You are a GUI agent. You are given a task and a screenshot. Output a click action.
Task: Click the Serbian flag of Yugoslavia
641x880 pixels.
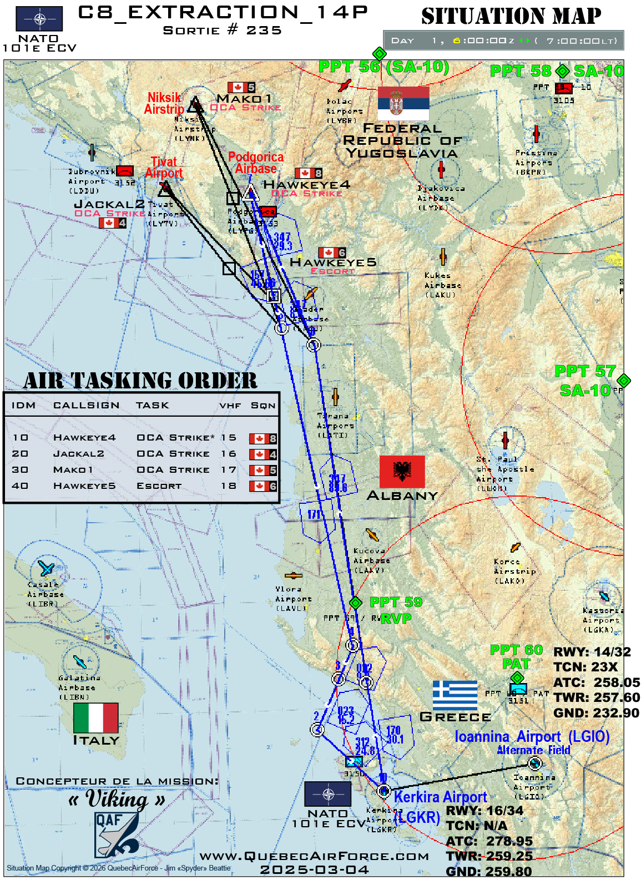(x=403, y=103)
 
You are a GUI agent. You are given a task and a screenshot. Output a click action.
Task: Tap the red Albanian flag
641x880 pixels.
(x=402, y=472)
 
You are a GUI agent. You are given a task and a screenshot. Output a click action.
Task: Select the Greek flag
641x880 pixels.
(x=455, y=695)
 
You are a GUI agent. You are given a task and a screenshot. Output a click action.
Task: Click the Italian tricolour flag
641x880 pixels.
(x=96, y=717)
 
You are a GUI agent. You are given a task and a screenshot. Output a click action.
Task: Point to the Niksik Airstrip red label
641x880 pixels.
(x=164, y=103)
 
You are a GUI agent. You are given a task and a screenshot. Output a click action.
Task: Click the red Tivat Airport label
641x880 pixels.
(x=164, y=167)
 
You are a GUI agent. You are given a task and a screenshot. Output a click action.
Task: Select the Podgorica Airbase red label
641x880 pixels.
(x=256, y=163)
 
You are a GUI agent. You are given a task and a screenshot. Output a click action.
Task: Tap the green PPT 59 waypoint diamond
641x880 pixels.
(x=356, y=603)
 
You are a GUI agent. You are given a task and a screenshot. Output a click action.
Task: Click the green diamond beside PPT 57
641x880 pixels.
(x=624, y=380)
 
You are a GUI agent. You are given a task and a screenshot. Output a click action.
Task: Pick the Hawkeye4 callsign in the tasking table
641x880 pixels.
(x=84, y=438)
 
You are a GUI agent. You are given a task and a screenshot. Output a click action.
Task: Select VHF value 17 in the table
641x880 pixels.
(x=228, y=470)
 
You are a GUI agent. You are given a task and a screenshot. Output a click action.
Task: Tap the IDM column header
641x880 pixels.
(x=23, y=406)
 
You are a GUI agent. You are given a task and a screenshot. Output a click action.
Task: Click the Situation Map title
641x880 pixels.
(x=511, y=16)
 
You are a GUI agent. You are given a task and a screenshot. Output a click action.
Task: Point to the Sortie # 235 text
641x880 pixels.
(x=223, y=31)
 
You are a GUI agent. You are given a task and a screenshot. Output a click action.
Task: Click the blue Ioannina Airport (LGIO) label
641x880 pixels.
(x=532, y=736)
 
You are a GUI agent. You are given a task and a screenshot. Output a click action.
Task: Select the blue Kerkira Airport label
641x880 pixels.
(x=440, y=797)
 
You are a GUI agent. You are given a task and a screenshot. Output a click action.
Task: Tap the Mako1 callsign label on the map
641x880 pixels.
(x=244, y=98)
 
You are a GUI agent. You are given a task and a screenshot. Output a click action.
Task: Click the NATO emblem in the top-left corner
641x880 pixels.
(x=39, y=19)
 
